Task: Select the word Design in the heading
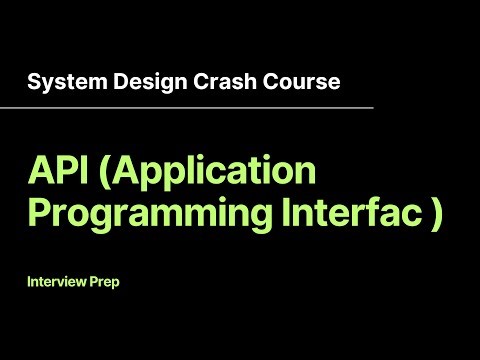(125, 80)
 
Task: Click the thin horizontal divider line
(200, 106)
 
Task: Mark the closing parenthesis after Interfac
(435, 214)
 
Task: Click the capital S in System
(33, 80)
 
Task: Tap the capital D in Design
(103, 80)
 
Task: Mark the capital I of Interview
(30, 282)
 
